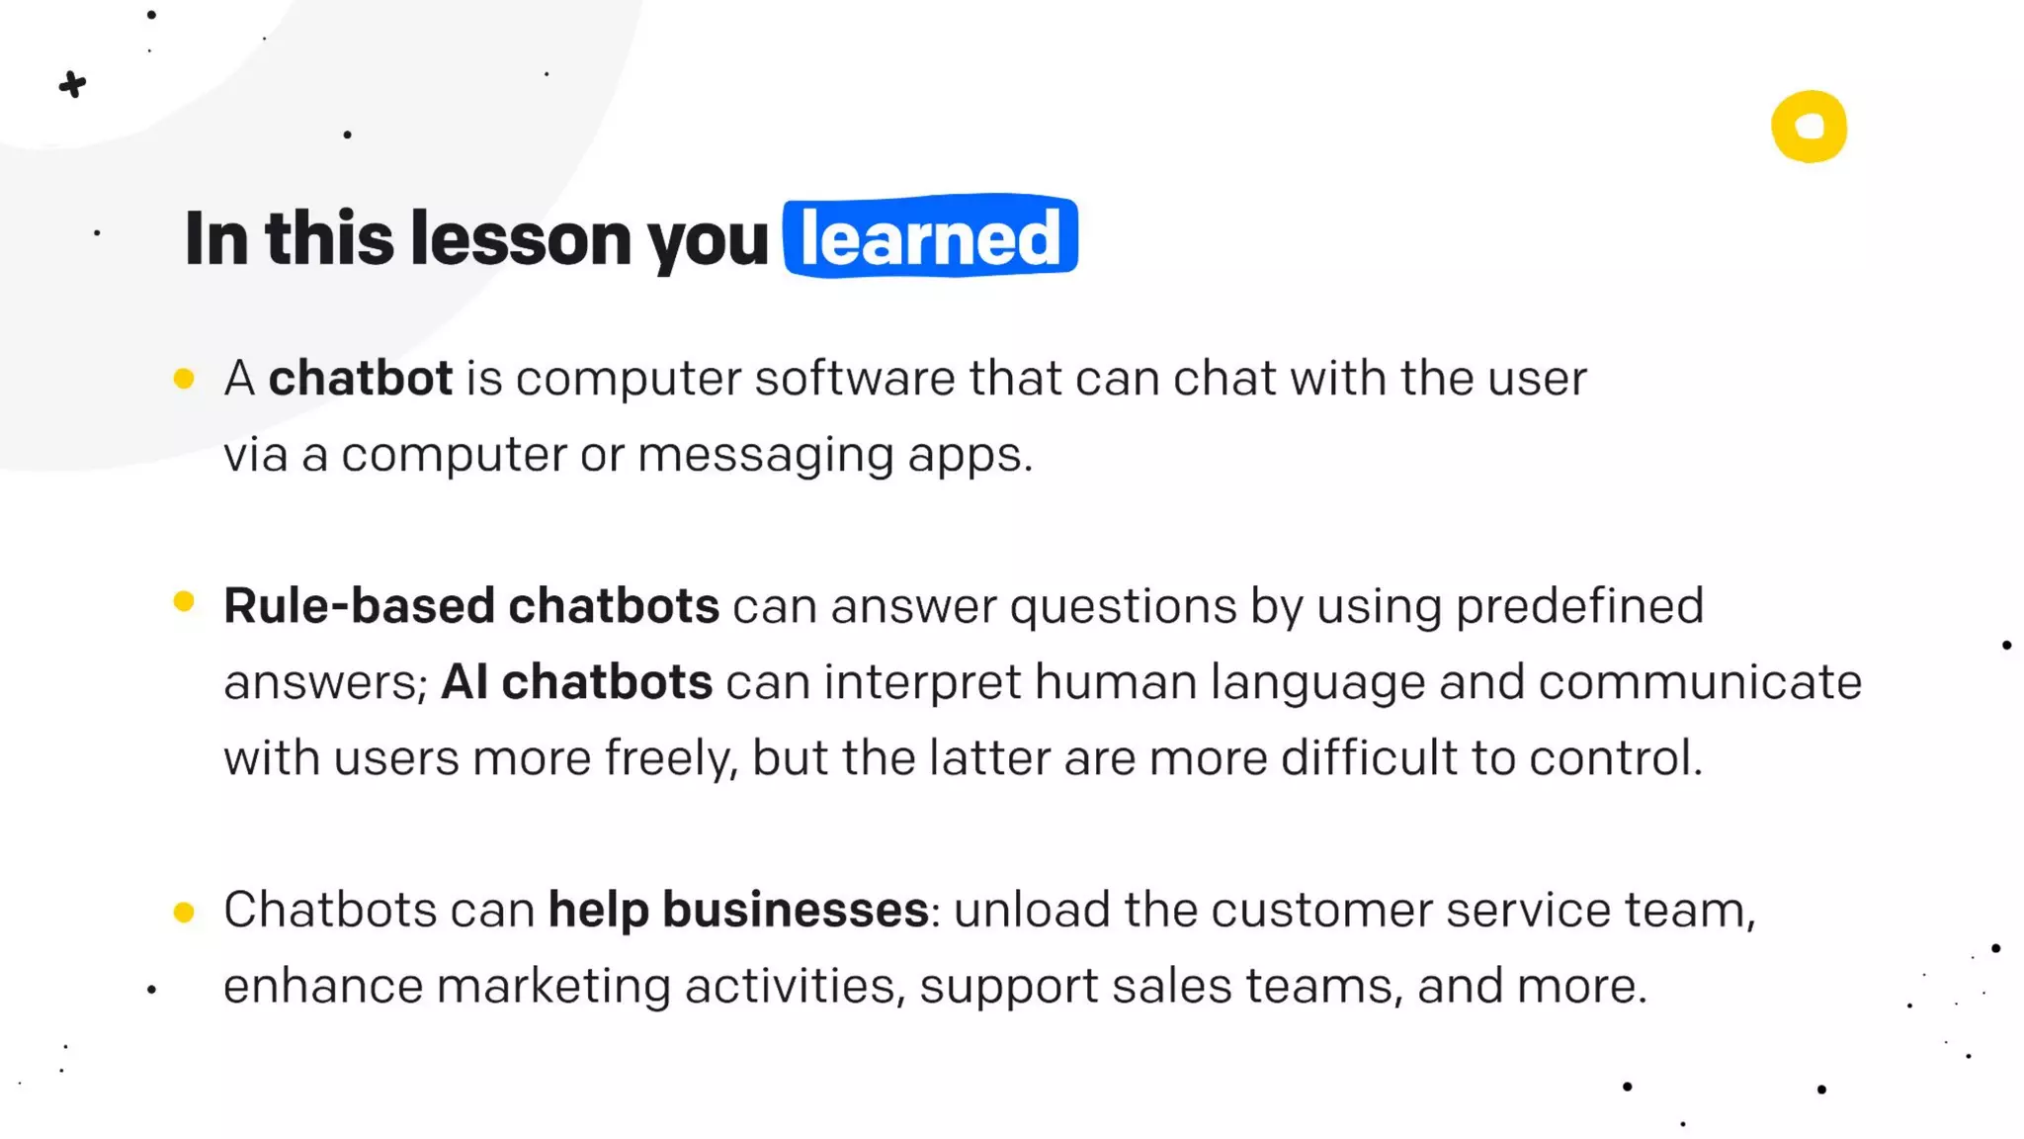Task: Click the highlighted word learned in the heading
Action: (x=930, y=237)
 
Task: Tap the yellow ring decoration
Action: (x=1809, y=127)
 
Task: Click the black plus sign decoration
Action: (x=72, y=85)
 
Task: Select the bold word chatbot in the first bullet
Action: (x=360, y=378)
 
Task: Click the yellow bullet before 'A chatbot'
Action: (x=184, y=379)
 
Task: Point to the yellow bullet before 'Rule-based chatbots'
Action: (x=184, y=601)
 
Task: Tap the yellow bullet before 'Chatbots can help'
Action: (x=184, y=912)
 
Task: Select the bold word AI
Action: (x=464, y=681)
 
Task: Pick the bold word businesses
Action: (x=795, y=910)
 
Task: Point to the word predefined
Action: (x=1579, y=605)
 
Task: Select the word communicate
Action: (x=1700, y=681)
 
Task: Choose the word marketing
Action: (x=553, y=986)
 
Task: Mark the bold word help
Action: (x=599, y=910)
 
